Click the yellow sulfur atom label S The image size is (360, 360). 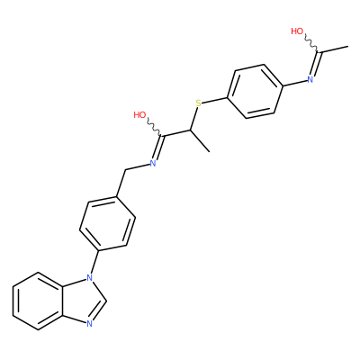pyautogui.click(x=198, y=103)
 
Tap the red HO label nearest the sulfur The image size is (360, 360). pyautogui.click(x=139, y=115)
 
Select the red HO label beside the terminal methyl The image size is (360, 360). pyautogui.click(x=297, y=31)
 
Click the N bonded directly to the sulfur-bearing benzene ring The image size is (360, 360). pyautogui.click(x=310, y=79)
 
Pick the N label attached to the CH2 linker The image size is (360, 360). pyautogui.click(x=153, y=163)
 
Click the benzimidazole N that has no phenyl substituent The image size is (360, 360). pyautogui.click(x=89, y=324)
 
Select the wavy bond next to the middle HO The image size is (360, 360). pyautogui.click(x=155, y=129)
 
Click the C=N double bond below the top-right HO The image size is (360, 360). pyautogui.click(x=315, y=65)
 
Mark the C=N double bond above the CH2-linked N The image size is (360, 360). pyautogui.click(x=158, y=148)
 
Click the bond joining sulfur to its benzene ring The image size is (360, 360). pyautogui.click(x=215, y=100)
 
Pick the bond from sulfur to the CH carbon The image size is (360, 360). pyautogui.click(x=193, y=119)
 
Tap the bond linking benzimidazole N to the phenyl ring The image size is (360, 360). pyautogui.click(x=94, y=262)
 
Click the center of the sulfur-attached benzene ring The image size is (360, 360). pyautogui.click(x=256, y=91)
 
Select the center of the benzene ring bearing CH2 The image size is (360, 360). pyautogui.click(x=107, y=224)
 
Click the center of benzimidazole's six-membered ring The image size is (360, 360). pyautogui.click(x=38, y=301)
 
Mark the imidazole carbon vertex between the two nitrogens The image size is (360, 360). pyautogui.click(x=106, y=301)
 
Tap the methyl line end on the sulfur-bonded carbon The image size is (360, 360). pyautogui.click(x=209, y=152)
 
